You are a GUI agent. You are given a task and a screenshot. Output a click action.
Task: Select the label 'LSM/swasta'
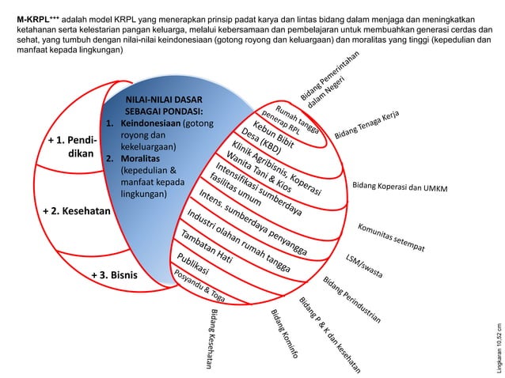[365, 266]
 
